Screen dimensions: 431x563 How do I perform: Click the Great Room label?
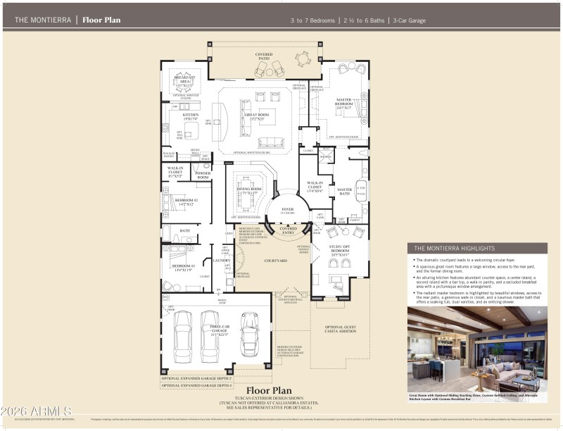257,117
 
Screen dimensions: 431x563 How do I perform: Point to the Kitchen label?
191,117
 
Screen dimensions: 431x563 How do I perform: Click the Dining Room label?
250,191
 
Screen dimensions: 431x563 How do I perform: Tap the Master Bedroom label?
343,104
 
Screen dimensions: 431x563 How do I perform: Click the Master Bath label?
344,192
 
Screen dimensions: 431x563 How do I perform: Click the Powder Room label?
203,175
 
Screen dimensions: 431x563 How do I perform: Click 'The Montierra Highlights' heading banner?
476,248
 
